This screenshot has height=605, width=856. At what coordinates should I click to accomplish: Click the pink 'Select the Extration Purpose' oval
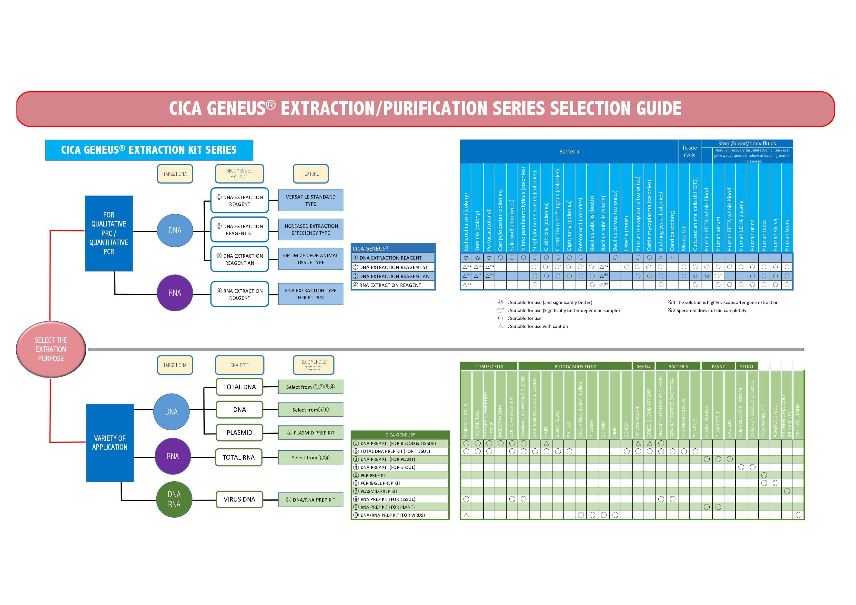pyautogui.click(x=51, y=349)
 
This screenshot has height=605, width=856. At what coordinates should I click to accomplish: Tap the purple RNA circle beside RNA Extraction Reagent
pyautogui.click(x=174, y=293)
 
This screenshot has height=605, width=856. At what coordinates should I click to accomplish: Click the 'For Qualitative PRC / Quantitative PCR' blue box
pyautogui.click(x=109, y=233)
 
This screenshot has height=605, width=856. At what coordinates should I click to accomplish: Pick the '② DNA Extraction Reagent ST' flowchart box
pyautogui.click(x=240, y=230)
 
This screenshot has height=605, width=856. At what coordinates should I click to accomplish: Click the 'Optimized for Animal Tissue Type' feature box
pyautogui.click(x=311, y=259)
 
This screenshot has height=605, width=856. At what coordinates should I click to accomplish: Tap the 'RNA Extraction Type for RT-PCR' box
pyautogui.click(x=311, y=294)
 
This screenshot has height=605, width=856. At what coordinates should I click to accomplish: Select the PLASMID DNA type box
pyautogui.click(x=239, y=433)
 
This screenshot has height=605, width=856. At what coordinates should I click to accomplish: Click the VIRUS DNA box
pyautogui.click(x=239, y=500)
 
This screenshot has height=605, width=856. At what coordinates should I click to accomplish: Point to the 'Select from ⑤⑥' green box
pyautogui.click(x=311, y=410)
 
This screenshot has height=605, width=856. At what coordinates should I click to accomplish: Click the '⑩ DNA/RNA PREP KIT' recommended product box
pyautogui.click(x=311, y=500)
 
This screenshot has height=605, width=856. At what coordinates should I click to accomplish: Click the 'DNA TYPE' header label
pyautogui.click(x=239, y=365)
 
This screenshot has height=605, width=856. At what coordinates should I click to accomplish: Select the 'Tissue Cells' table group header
pyautogui.click(x=689, y=151)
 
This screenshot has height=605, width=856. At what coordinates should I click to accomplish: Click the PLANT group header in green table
pyautogui.click(x=718, y=366)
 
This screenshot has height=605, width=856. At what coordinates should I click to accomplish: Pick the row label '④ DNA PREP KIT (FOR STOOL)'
pyautogui.click(x=388, y=467)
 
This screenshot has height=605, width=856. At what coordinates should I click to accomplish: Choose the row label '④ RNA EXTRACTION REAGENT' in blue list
pyautogui.click(x=390, y=285)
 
